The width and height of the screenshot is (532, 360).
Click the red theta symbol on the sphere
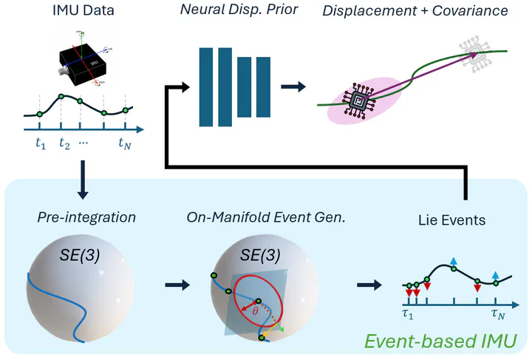tap(254, 311)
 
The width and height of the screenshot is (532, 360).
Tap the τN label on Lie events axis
tap(499, 313)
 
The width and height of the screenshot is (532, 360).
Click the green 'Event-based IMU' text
tap(442, 341)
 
